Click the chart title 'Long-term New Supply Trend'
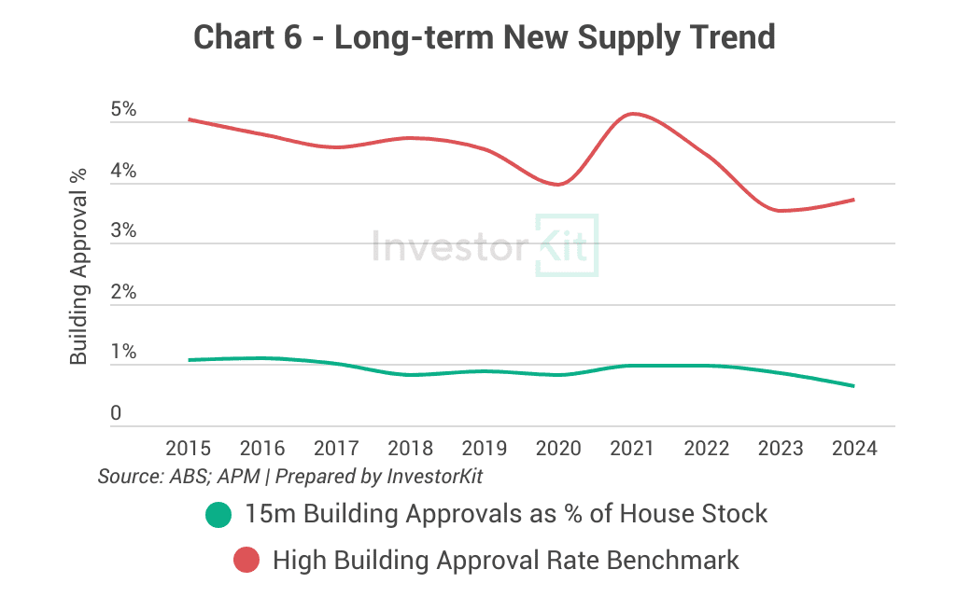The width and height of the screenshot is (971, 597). [x=485, y=37]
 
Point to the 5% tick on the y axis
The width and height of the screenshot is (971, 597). [x=123, y=110]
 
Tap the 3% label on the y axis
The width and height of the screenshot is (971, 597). [x=123, y=231]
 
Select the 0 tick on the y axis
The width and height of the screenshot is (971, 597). [x=116, y=412]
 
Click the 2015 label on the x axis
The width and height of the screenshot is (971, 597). [x=188, y=449]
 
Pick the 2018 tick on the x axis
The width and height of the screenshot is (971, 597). [x=410, y=449]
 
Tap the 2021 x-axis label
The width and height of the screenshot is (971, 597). [x=632, y=449]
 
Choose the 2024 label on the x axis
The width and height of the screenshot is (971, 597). [x=854, y=449]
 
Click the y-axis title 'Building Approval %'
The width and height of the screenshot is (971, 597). [x=79, y=267]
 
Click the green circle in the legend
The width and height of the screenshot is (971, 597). [x=218, y=514]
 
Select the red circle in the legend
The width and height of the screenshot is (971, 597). [x=246, y=561]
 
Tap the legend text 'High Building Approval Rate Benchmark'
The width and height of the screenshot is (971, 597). [x=505, y=561]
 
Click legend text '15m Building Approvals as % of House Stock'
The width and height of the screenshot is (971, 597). [x=506, y=514]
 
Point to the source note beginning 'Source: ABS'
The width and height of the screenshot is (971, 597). [x=290, y=477]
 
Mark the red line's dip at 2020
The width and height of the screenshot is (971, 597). [x=558, y=185]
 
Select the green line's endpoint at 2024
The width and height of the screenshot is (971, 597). [x=853, y=386]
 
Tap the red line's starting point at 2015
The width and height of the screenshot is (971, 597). [x=189, y=119]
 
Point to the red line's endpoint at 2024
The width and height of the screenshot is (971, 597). [x=853, y=200]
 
